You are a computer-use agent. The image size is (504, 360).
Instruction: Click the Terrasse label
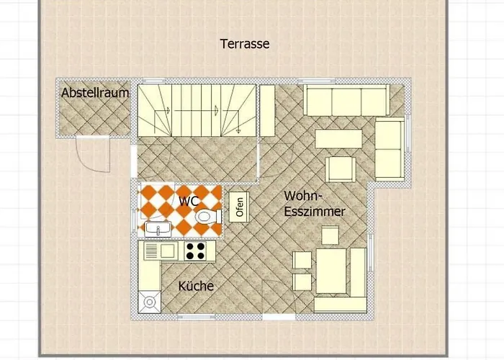(244, 44)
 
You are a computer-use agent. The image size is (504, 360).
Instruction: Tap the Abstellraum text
(95, 93)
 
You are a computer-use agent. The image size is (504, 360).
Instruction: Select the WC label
(189, 202)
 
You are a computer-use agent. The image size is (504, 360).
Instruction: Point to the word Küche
(196, 286)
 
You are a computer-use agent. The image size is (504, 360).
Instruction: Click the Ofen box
(239, 207)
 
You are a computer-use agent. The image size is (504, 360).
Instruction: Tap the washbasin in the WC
(157, 228)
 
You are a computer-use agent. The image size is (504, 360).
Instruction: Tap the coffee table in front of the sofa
(338, 138)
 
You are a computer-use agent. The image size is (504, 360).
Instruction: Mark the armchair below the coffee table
(340, 170)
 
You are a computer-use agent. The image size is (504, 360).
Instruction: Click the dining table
(331, 271)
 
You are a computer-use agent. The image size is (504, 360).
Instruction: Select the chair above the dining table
(330, 235)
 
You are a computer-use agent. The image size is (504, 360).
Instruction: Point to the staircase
(197, 109)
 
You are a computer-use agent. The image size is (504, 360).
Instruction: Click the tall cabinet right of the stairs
(267, 109)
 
